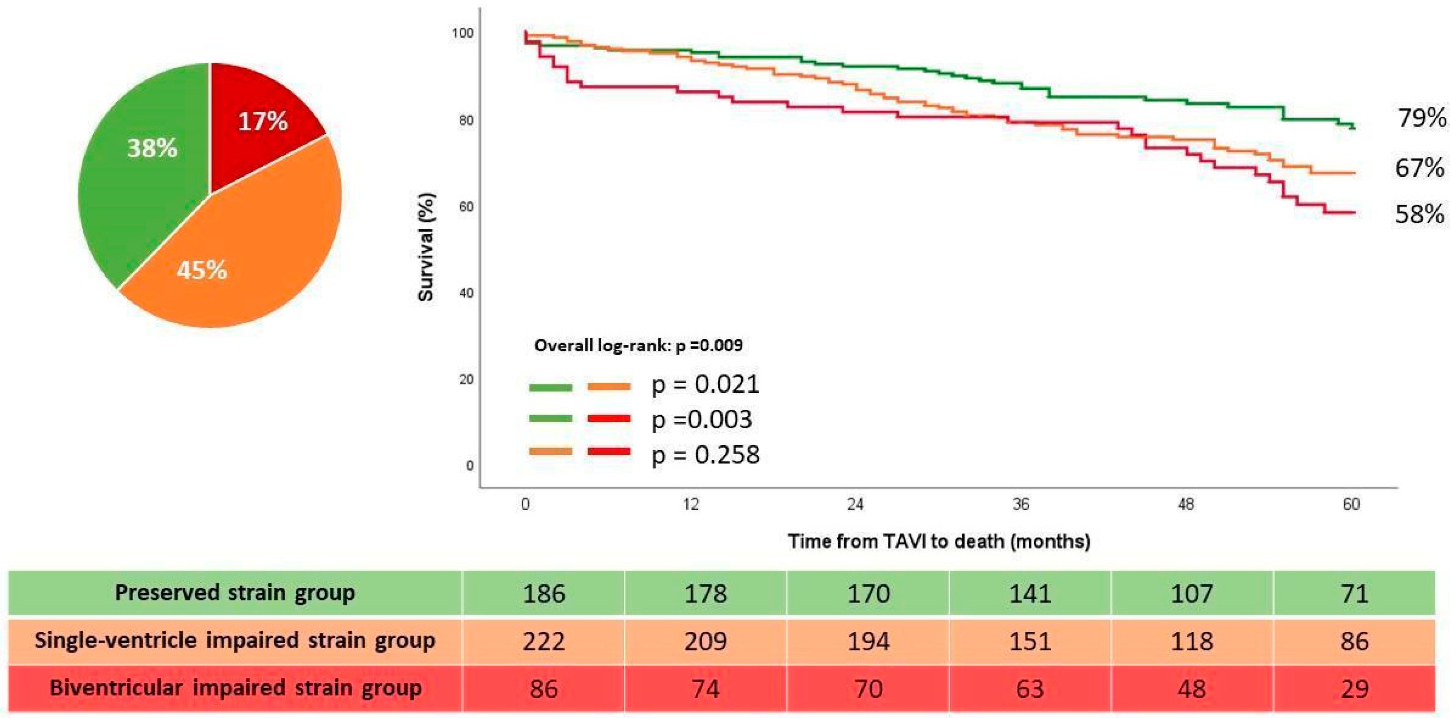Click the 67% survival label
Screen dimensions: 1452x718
tap(1420, 168)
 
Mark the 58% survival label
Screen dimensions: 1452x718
tap(1420, 214)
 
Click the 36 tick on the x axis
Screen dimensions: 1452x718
tap(1021, 504)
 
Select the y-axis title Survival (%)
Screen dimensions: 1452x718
tap(426, 247)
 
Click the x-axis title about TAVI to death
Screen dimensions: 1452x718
tap(939, 541)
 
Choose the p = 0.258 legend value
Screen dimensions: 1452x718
tap(706, 455)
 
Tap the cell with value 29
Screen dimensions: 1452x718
tap(1354, 689)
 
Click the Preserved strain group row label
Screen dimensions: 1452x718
tap(235, 593)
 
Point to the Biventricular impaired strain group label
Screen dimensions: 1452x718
tap(236, 688)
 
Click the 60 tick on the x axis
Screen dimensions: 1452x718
tap(1351, 504)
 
